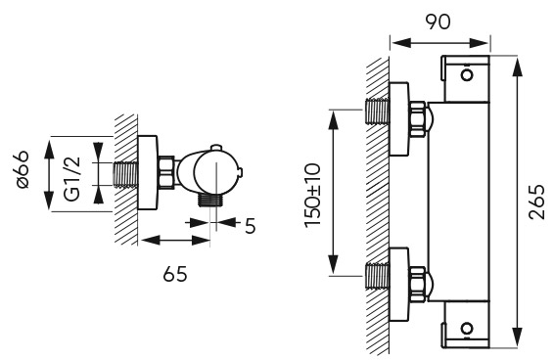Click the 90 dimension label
(x=438, y=22)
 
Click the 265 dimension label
(x=537, y=202)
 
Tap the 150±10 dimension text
(x=312, y=195)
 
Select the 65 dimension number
(x=175, y=274)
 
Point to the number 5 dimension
(x=251, y=226)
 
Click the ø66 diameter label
(x=23, y=169)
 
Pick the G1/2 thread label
(x=73, y=179)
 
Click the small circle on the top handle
(x=468, y=75)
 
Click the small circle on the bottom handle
(x=467, y=328)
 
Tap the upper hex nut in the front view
(x=417, y=118)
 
